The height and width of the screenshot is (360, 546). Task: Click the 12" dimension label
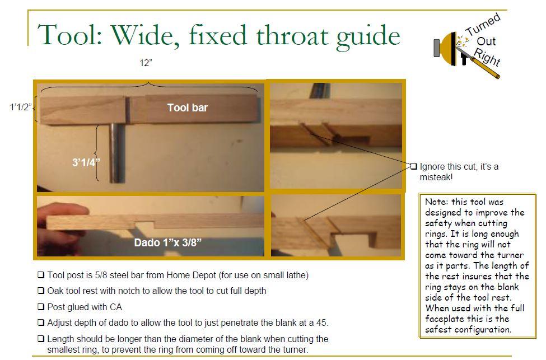(x=146, y=63)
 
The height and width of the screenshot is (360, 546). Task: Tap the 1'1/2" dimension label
(x=21, y=107)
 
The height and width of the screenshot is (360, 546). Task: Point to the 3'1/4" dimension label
(x=86, y=162)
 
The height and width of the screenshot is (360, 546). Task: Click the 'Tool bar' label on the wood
(x=188, y=108)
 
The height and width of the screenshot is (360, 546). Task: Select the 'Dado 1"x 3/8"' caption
(x=168, y=242)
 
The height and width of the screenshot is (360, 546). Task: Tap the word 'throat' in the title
(x=292, y=35)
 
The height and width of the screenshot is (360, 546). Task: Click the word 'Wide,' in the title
(x=146, y=35)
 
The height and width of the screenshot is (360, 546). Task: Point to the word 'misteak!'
(x=436, y=177)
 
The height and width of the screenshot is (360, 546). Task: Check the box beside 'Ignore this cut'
(x=413, y=166)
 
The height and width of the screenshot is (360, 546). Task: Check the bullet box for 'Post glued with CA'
(x=41, y=307)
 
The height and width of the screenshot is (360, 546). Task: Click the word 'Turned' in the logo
(x=483, y=25)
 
